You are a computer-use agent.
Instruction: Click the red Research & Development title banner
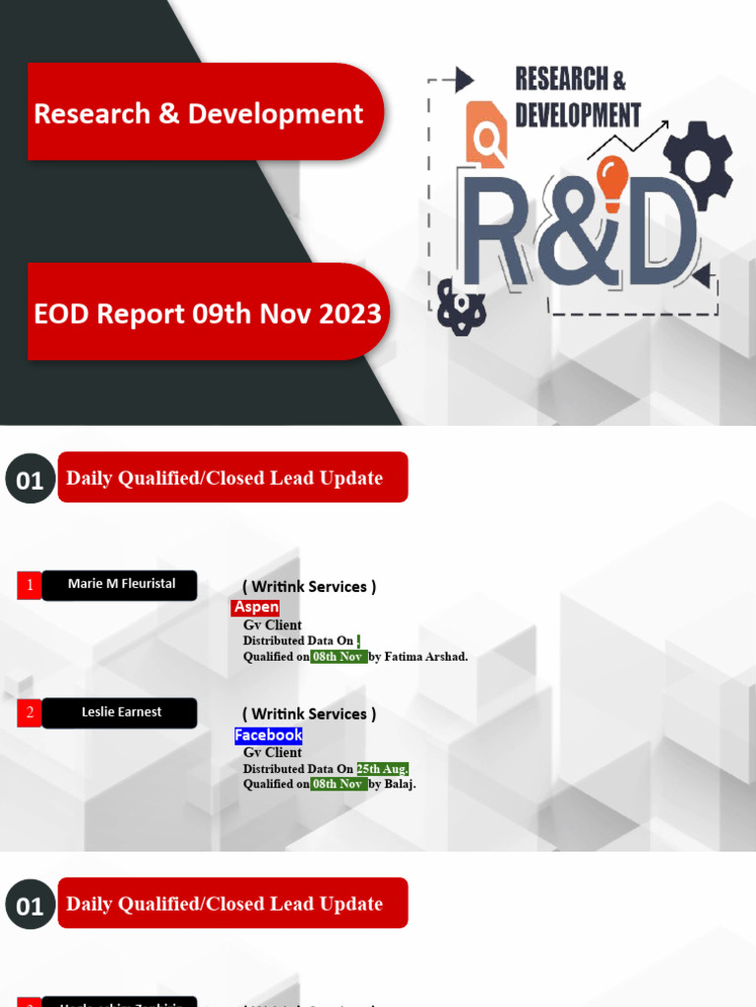click(202, 112)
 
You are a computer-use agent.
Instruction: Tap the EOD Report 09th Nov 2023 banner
click(207, 313)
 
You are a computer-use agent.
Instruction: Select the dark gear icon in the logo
click(698, 161)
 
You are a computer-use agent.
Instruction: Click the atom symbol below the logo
click(458, 307)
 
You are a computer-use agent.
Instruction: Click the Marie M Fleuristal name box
click(120, 584)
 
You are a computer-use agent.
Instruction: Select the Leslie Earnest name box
click(120, 712)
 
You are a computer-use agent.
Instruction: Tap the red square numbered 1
click(30, 585)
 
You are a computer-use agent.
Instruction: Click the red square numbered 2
click(30, 713)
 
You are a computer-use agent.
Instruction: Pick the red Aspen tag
click(256, 608)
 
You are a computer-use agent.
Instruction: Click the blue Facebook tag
click(268, 736)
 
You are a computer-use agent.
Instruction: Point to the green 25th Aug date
click(382, 769)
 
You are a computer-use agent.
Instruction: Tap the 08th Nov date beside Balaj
click(338, 785)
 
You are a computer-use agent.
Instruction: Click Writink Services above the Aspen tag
click(309, 587)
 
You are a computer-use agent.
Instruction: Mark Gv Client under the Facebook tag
click(273, 752)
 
